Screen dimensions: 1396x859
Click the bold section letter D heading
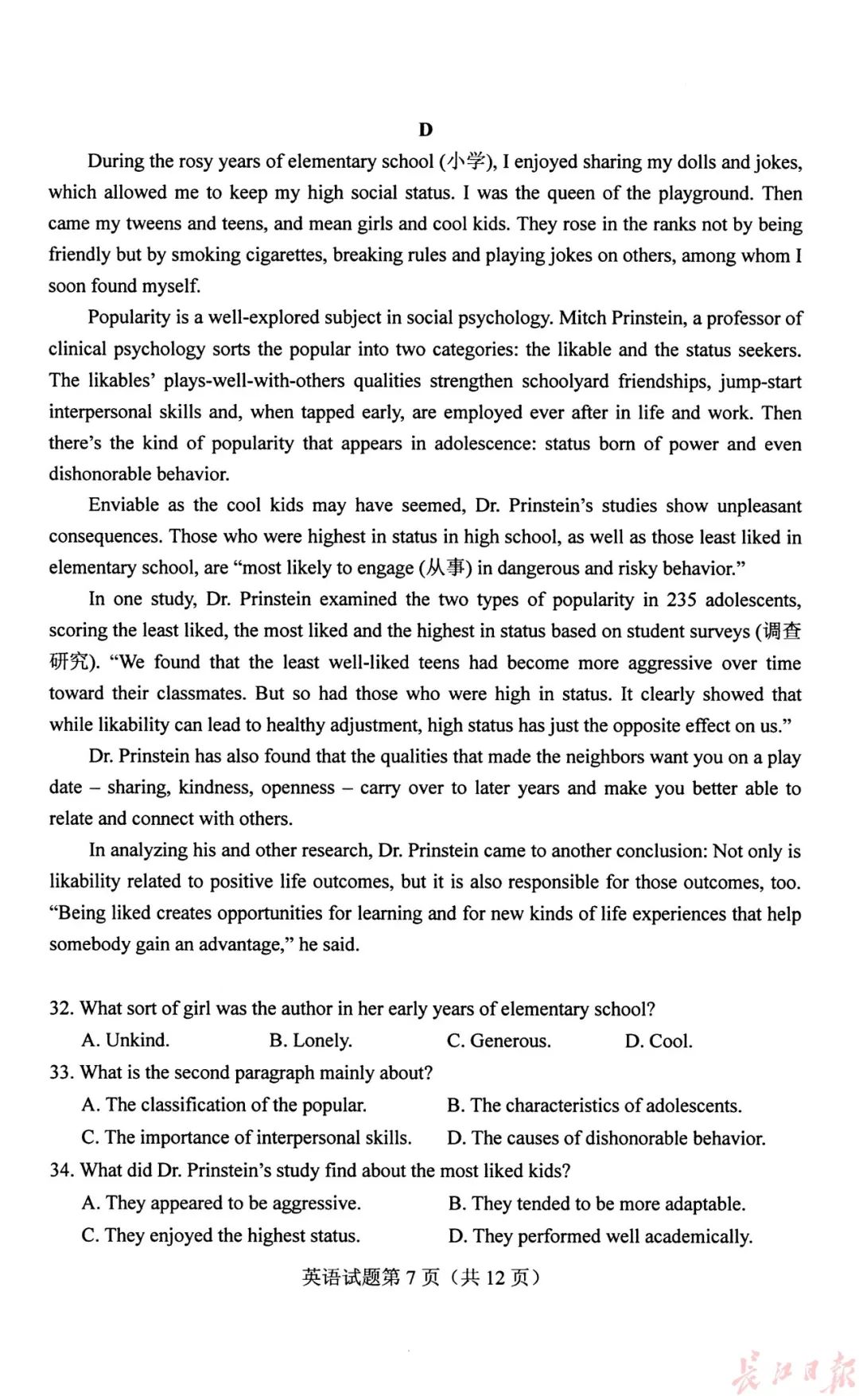[x=426, y=130]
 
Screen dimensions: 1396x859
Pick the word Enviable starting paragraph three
[x=125, y=506]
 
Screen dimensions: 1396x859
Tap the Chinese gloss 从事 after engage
[x=445, y=568]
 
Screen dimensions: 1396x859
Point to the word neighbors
[x=605, y=756]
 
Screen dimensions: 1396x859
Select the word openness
[x=298, y=787]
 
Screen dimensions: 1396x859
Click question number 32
[x=60, y=1009]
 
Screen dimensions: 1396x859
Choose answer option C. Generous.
[x=499, y=1040]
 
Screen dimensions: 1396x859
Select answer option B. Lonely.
[x=310, y=1040]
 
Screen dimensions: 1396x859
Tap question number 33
[x=60, y=1072]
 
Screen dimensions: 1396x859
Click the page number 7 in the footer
[x=410, y=1277]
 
